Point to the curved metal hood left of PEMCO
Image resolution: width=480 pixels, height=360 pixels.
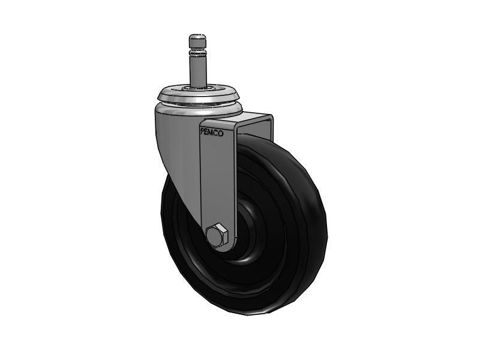(x=177, y=150)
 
